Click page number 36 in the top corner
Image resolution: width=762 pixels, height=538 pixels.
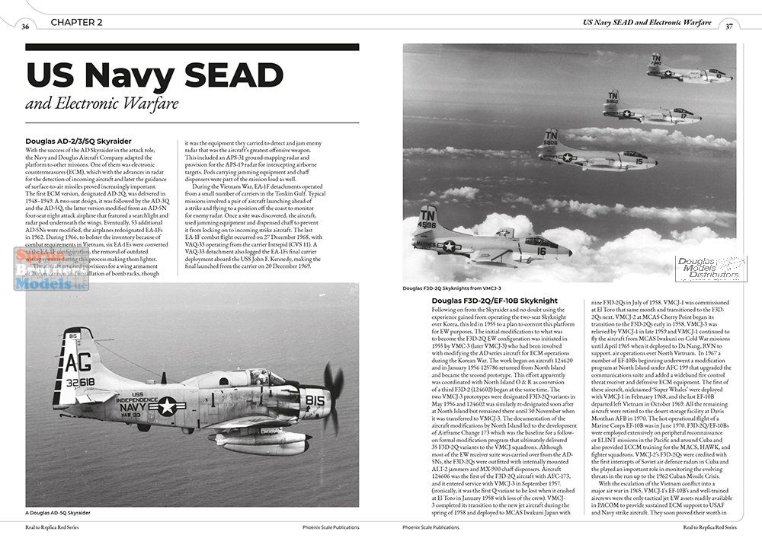click(x=26, y=27)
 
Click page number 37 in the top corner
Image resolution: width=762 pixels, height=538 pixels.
click(x=729, y=27)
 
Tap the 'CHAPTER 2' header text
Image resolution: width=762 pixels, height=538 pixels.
click(x=77, y=23)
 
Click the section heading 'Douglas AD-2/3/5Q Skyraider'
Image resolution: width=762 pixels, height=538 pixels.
click(x=78, y=141)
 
